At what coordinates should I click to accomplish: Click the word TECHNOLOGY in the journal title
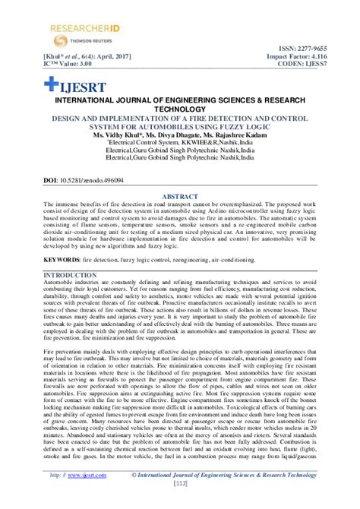(x=180, y=109)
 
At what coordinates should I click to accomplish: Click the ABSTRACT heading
(x=180, y=196)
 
